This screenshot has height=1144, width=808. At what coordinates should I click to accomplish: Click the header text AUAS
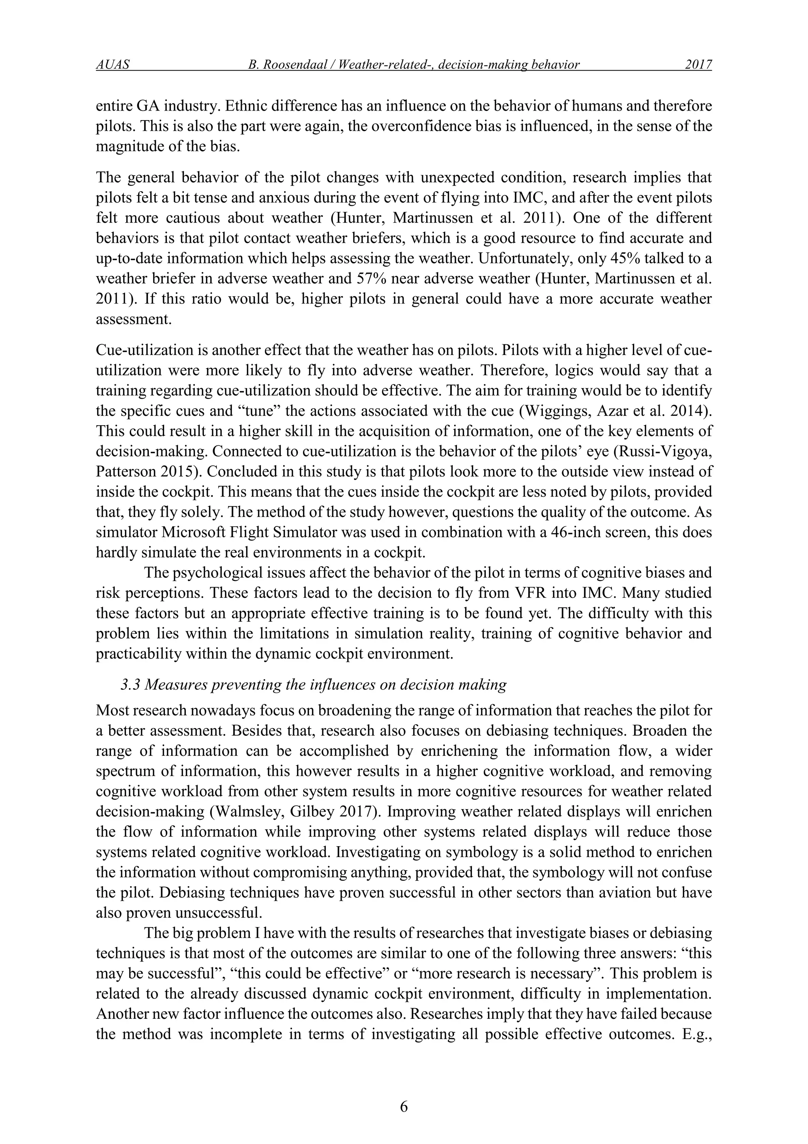click(x=112, y=65)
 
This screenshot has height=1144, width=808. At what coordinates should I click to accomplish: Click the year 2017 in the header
click(x=698, y=65)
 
